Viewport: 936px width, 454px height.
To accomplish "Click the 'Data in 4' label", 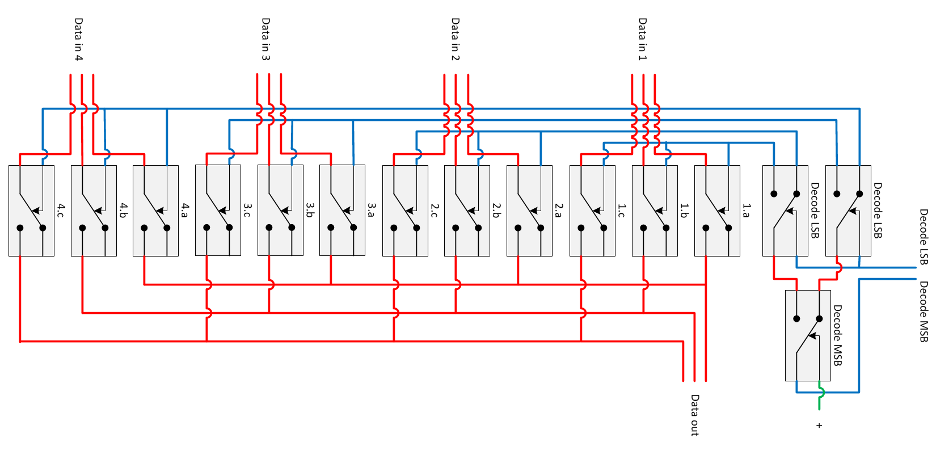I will point(78,39).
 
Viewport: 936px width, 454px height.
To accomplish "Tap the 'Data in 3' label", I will point(265,39).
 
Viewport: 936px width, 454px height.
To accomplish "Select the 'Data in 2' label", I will point(455,39).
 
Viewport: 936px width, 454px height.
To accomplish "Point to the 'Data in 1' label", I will point(642,39).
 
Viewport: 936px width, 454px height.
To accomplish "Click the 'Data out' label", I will point(694,415).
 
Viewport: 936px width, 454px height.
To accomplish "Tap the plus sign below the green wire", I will point(819,425).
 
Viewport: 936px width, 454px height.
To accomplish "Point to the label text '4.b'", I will point(123,211).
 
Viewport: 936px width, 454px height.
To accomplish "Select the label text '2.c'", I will point(435,211).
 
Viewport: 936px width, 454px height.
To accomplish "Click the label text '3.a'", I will point(372,211).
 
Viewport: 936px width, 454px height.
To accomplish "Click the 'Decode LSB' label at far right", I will point(924,237).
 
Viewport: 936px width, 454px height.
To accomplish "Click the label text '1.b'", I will point(684,211).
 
